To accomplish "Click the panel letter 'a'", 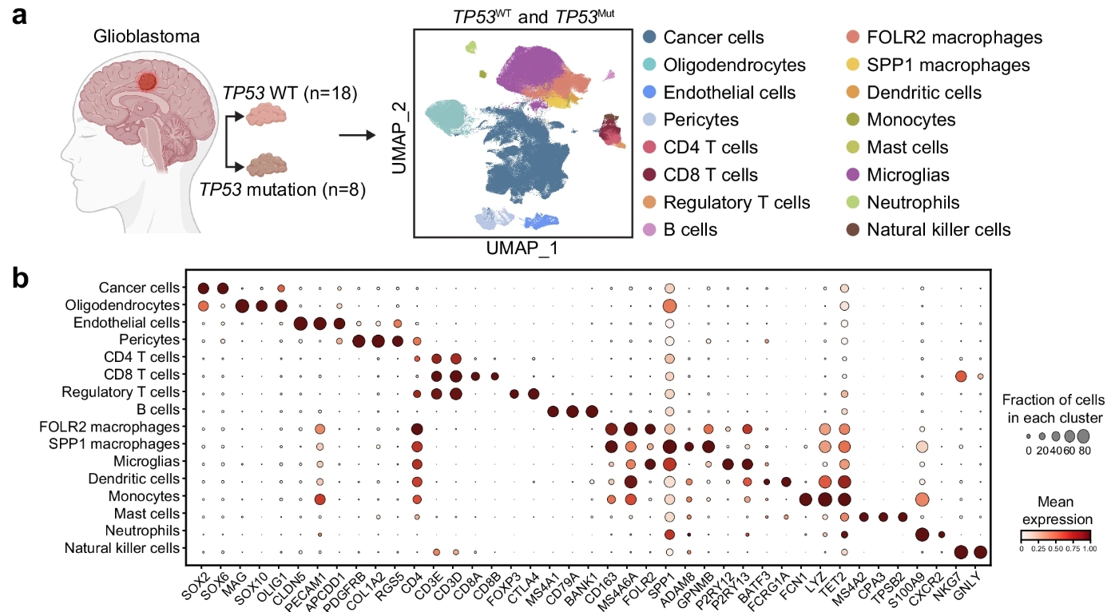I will click(x=24, y=17).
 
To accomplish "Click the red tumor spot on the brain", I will click(x=146, y=81).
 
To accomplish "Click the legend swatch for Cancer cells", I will click(x=650, y=38).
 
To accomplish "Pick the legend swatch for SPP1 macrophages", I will click(x=853, y=66).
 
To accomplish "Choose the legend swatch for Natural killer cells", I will click(x=853, y=230).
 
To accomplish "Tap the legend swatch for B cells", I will click(x=650, y=230).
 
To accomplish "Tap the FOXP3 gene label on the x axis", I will click(x=506, y=580).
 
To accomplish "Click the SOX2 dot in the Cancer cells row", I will click(x=204, y=288).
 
